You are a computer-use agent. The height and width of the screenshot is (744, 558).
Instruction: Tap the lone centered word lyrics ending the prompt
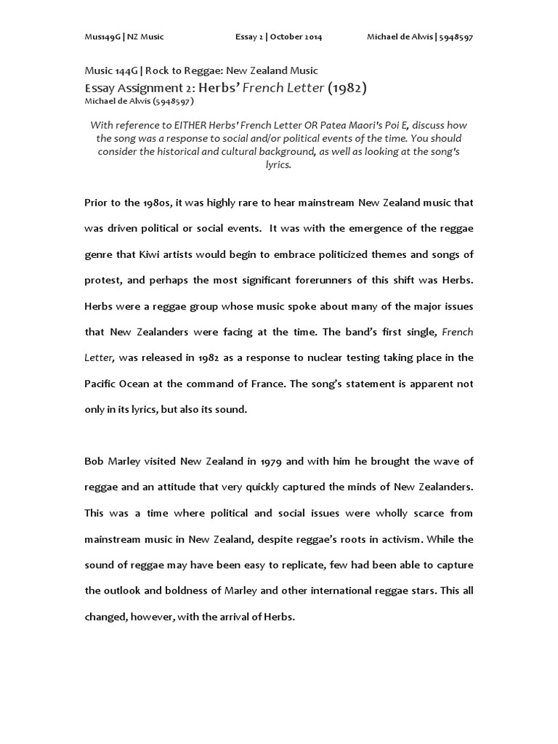(x=278, y=165)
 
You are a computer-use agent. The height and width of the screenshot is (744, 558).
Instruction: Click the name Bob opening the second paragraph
(x=94, y=461)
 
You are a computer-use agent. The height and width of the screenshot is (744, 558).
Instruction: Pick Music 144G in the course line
(x=110, y=70)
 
